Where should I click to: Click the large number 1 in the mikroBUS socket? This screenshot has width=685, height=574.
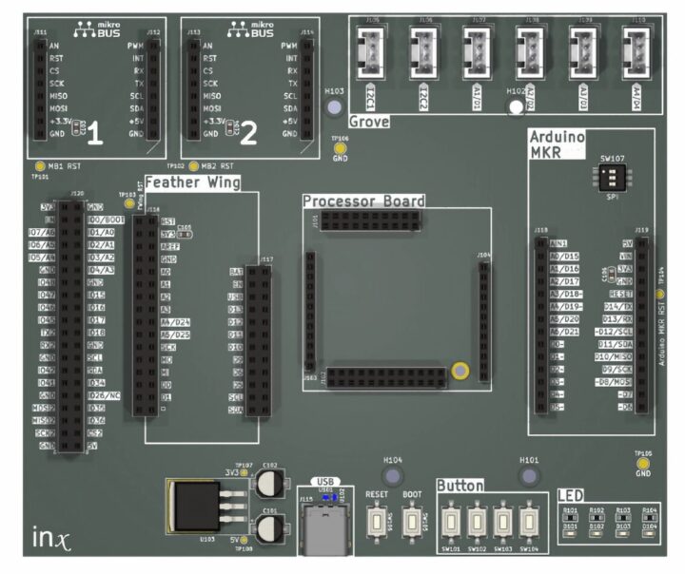point(95,136)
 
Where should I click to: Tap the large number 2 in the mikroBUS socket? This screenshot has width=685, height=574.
point(249,135)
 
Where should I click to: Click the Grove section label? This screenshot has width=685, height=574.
point(369,123)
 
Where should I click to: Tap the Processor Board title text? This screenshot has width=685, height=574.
point(363,201)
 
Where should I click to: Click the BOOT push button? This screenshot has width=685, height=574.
point(412,521)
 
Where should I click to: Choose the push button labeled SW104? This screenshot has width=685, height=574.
point(529,521)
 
